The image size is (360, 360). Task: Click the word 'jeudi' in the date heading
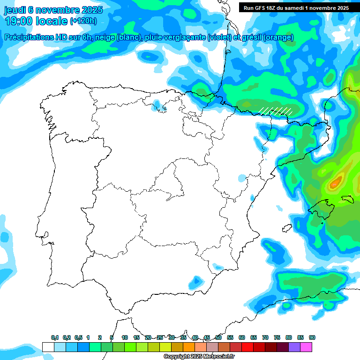[x=15, y=10]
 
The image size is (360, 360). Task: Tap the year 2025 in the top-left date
[x=92, y=10]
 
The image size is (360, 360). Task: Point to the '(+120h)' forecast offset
[x=83, y=21]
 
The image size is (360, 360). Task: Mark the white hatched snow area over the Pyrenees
[x=277, y=111]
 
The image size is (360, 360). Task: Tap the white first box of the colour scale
[x=48, y=347]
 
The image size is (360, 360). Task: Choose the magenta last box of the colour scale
[x=306, y=347]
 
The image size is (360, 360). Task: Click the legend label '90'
[x=312, y=337]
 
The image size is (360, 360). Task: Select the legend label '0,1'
[x=55, y=337]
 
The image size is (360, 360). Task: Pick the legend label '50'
[x=218, y=337]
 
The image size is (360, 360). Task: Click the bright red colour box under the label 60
[x=247, y=347]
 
